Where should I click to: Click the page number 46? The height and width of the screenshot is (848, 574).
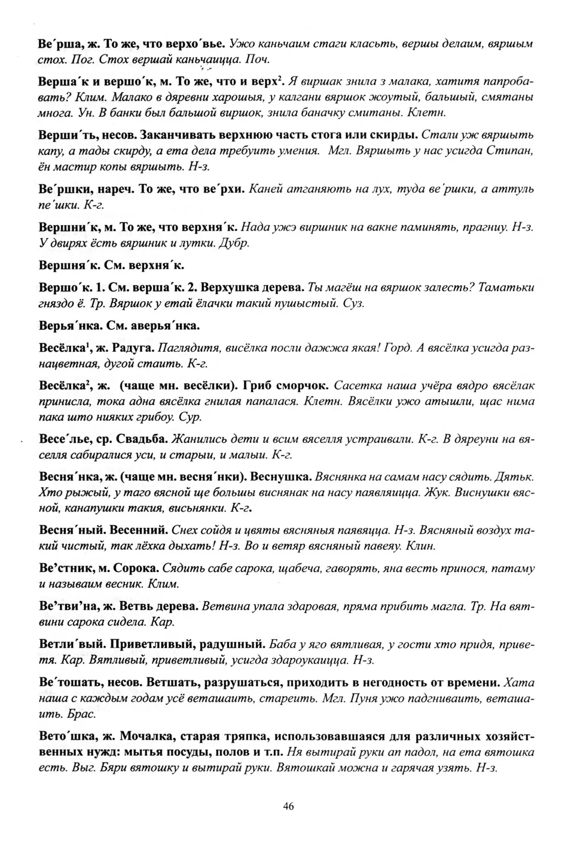click(288, 806)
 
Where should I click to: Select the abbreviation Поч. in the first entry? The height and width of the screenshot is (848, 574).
click(260, 59)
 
